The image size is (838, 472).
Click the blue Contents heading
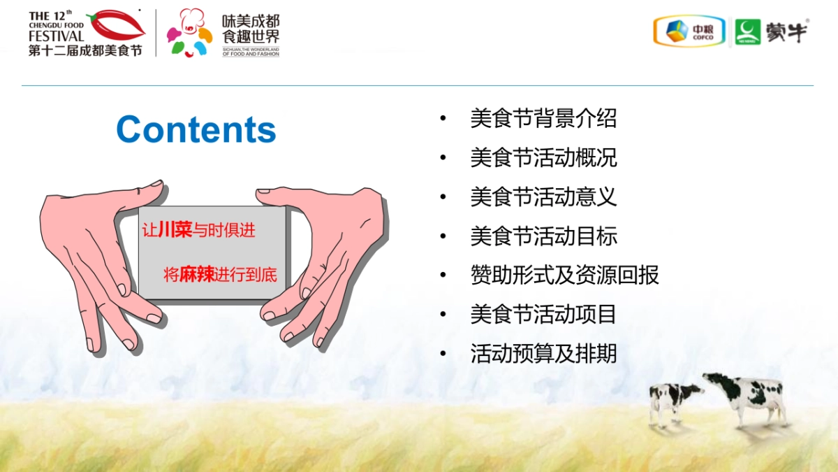196,130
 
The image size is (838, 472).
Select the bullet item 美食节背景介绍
543,119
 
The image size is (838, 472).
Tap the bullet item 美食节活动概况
543,158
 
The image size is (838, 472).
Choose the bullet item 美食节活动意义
543,197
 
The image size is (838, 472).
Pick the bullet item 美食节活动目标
543,236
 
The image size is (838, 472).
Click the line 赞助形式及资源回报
564,276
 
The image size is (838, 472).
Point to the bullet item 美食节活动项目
543,315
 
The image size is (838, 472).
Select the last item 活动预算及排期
543,354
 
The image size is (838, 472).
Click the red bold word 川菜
175,231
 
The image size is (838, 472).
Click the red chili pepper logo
116,26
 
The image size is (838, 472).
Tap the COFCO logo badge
690,31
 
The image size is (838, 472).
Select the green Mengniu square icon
747,31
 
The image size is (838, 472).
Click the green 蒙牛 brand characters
786,31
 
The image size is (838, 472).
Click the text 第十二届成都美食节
84,51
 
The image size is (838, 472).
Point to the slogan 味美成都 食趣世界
251,29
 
